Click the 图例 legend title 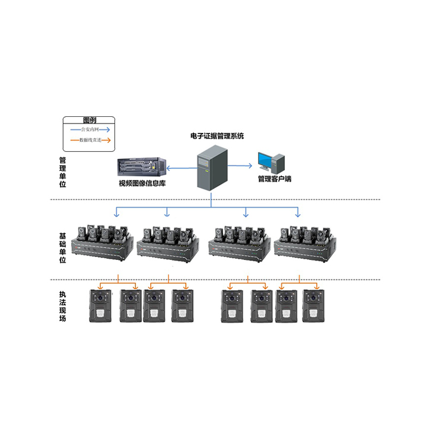tap(90, 120)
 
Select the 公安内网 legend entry tap(90, 129)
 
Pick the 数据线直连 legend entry tap(90, 141)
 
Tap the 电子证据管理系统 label tap(213, 136)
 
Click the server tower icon tap(212, 169)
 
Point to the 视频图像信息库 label tap(142, 182)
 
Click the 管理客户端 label tap(274, 179)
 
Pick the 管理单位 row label tap(62, 172)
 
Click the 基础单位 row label tap(62, 247)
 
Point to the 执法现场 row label tap(62, 306)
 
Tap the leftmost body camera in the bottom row tap(98, 306)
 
